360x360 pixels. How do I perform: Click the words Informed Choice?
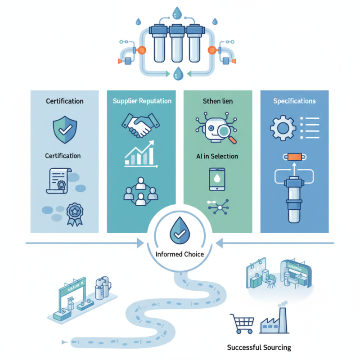click(x=180, y=254)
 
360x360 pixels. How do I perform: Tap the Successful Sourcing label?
click(x=259, y=347)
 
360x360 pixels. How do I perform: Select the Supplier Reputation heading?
click(x=142, y=101)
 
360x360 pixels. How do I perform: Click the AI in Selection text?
click(x=218, y=156)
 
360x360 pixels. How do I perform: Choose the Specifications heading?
click(x=294, y=101)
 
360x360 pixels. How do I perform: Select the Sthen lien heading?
click(x=218, y=101)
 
